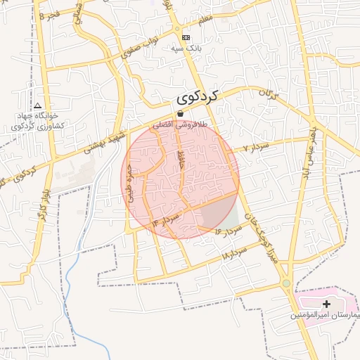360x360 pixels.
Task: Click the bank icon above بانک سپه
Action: click(x=186, y=37)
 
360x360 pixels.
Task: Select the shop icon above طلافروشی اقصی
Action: click(x=180, y=113)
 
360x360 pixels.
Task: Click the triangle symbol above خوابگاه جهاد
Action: click(x=37, y=104)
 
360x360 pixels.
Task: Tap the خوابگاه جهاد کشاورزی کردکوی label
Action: click(x=39, y=120)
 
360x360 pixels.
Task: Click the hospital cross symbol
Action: click(x=326, y=304)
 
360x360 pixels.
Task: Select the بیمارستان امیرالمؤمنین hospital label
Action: click(x=326, y=316)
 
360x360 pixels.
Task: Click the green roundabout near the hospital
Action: click(x=286, y=284)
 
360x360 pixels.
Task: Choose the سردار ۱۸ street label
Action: click(x=235, y=252)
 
